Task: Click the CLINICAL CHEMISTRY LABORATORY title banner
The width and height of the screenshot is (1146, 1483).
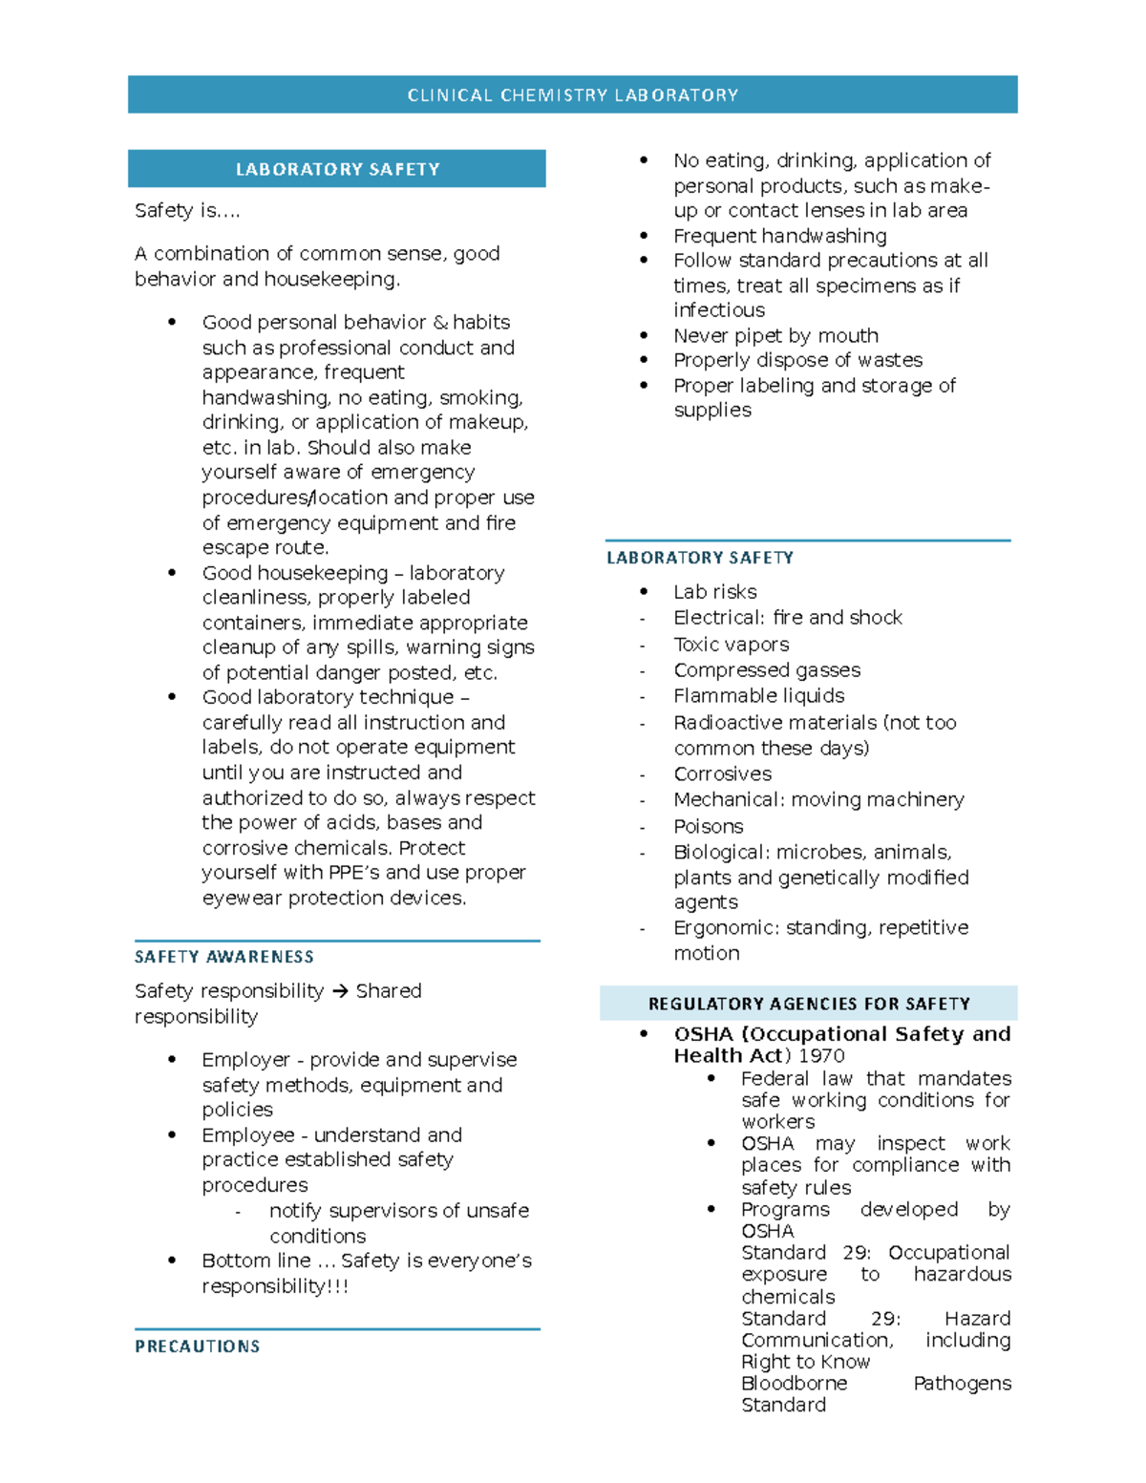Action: pyautogui.click(x=572, y=95)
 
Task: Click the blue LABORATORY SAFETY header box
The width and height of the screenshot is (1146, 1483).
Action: pyautogui.click(x=337, y=169)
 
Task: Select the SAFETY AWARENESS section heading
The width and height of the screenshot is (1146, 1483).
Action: pyautogui.click(x=223, y=957)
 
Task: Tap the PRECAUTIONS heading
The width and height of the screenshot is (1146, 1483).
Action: pyautogui.click(x=197, y=1346)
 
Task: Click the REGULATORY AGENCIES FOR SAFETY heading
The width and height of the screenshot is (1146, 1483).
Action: pyautogui.click(x=808, y=1004)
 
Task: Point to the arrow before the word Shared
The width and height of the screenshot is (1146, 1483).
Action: pyautogui.click(x=340, y=991)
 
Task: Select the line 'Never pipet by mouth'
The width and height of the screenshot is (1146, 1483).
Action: pyautogui.click(x=775, y=335)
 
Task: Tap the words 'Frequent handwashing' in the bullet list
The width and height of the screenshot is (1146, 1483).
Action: pyautogui.click(x=779, y=236)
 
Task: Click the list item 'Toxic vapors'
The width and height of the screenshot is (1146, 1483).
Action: pyautogui.click(x=731, y=645)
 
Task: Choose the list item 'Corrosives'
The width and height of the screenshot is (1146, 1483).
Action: pyautogui.click(x=722, y=774)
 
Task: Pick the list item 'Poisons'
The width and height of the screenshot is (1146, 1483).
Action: pyautogui.click(x=708, y=826)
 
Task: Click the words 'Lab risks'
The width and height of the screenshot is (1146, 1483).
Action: pyautogui.click(x=714, y=592)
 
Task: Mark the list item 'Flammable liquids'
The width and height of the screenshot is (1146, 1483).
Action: pyautogui.click(x=758, y=696)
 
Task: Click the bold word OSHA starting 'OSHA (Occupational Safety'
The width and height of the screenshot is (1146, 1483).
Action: pyautogui.click(x=703, y=1034)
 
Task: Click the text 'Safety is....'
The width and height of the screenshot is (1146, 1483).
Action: pyautogui.click(x=187, y=211)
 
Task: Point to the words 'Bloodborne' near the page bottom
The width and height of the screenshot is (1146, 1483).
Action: pyautogui.click(x=794, y=1384)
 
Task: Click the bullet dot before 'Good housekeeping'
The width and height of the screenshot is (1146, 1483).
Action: pyautogui.click(x=172, y=573)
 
